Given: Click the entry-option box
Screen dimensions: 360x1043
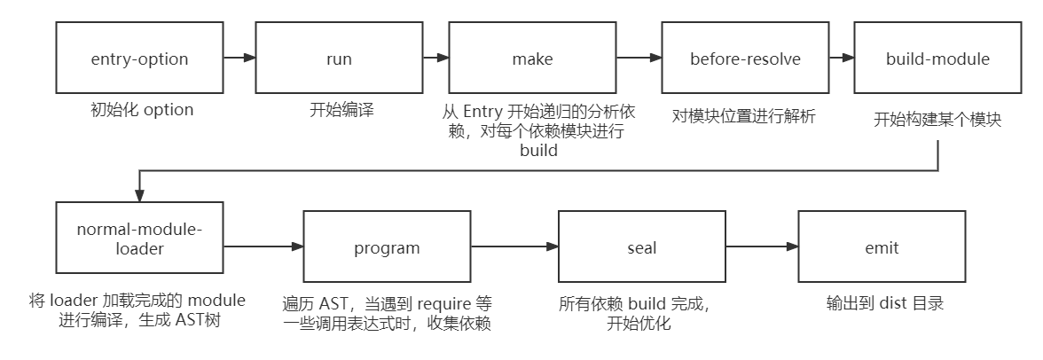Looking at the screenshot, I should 140,59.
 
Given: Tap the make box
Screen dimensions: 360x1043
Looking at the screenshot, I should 532,59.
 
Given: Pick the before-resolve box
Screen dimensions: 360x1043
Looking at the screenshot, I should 745,59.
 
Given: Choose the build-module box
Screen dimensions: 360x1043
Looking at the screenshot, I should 937,59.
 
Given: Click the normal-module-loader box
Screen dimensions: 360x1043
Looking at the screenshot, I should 139,239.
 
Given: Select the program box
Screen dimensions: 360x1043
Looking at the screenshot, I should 387,248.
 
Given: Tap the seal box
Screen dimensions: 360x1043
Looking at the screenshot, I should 641,248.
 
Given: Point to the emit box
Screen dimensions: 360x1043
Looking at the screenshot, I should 882,248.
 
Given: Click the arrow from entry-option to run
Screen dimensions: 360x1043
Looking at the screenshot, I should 239,59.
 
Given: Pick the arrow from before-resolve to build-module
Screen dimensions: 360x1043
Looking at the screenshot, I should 841,59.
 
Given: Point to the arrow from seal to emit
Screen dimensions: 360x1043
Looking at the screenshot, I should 762,248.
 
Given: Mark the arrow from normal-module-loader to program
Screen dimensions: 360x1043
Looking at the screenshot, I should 263,248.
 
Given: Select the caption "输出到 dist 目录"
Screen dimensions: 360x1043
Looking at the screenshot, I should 883,303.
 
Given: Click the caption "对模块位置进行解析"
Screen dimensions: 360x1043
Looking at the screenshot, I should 743,116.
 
